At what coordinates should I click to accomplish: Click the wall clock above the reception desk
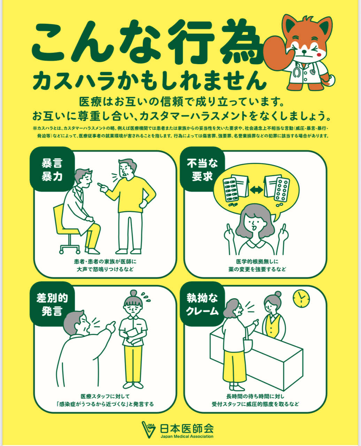tap(301, 298)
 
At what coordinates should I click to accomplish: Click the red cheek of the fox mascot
tap(319, 55)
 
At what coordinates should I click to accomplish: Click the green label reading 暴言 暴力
tap(52, 169)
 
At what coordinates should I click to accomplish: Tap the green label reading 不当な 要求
tap(202, 169)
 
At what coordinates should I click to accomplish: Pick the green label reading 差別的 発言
tap(52, 304)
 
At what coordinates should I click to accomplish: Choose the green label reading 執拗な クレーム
tap(202, 304)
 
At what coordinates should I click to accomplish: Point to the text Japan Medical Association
tap(187, 436)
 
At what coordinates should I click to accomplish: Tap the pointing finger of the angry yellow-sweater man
tap(100, 185)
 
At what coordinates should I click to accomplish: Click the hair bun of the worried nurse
tap(133, 293)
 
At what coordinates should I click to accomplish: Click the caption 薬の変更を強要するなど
tap(257, 269)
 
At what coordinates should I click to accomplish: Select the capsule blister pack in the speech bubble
tap(230, 190)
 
